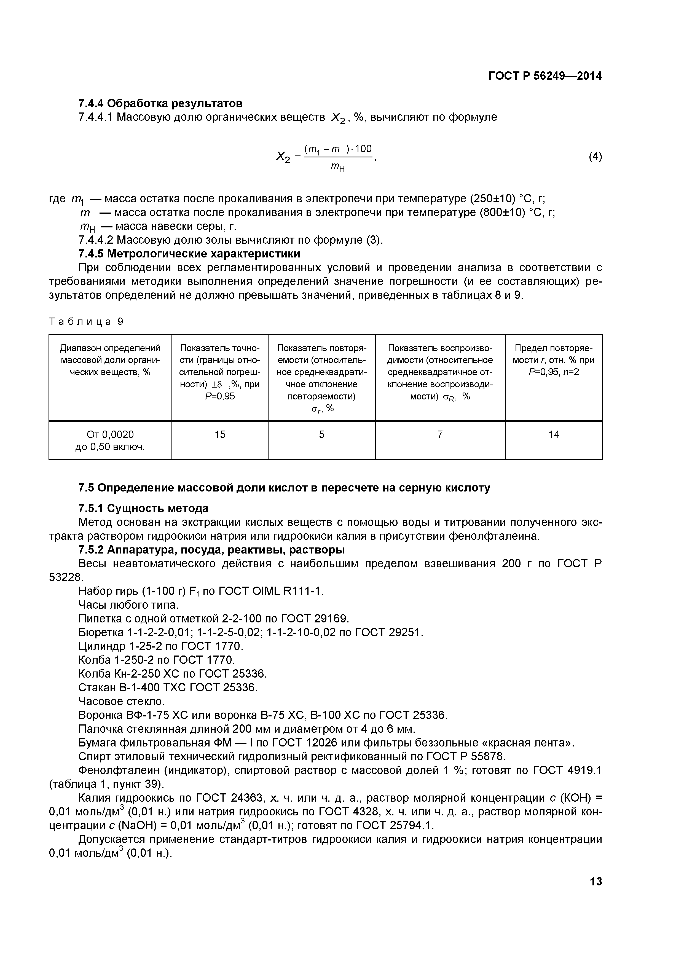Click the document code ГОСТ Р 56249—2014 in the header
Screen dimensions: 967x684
[x=545, y=76]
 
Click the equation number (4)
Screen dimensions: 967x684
[x=595, y=157]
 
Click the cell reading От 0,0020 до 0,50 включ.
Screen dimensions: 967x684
[x=110, y=440]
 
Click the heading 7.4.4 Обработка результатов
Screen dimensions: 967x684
[x=160, y=103]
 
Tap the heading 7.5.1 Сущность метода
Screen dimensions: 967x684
[x=143, y=508]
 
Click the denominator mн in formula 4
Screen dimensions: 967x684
[x=337, y=168]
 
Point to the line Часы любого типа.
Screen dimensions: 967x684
[x=128, y=605]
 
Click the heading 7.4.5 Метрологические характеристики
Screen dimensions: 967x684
[x=189, y=254]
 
